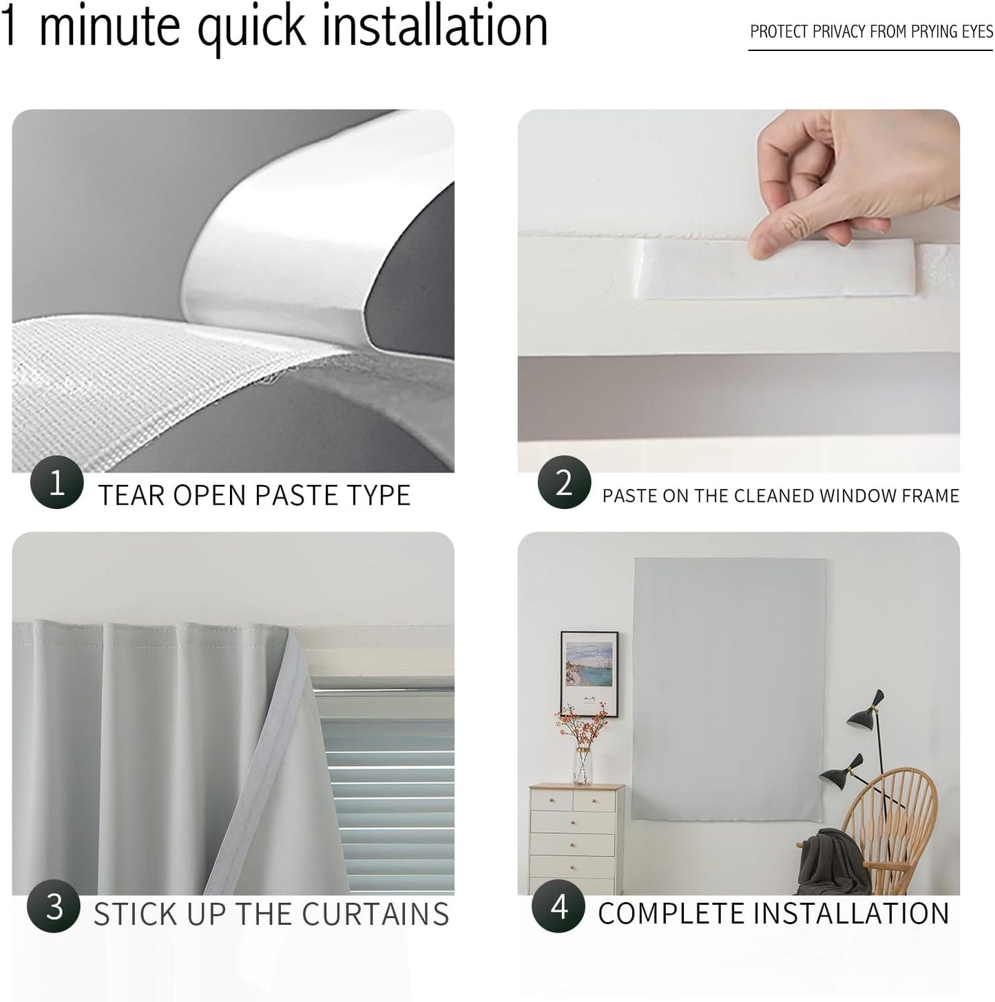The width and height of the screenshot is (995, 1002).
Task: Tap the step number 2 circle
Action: pyautogui.click(x=564, y=483)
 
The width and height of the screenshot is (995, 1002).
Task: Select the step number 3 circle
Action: pyautogui.click(x=54, y=906)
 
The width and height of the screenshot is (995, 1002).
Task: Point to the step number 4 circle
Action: pyautogui.click(x=558, y=906)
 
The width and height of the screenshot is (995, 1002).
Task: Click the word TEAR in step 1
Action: pyautogui.click(x=131, y=496)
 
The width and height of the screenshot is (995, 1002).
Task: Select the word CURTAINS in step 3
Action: pyautogui.click(x=375, y=915)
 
